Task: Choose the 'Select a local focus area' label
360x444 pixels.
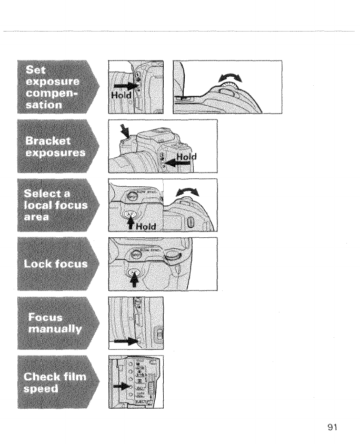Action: pos(55,204)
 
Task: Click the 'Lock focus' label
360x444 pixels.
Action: pos(55,263)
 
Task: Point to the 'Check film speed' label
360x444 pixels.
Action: pos(55,381)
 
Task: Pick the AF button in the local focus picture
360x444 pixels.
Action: pos(128,215)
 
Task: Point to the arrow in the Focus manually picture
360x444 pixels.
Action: pos(127,341)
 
